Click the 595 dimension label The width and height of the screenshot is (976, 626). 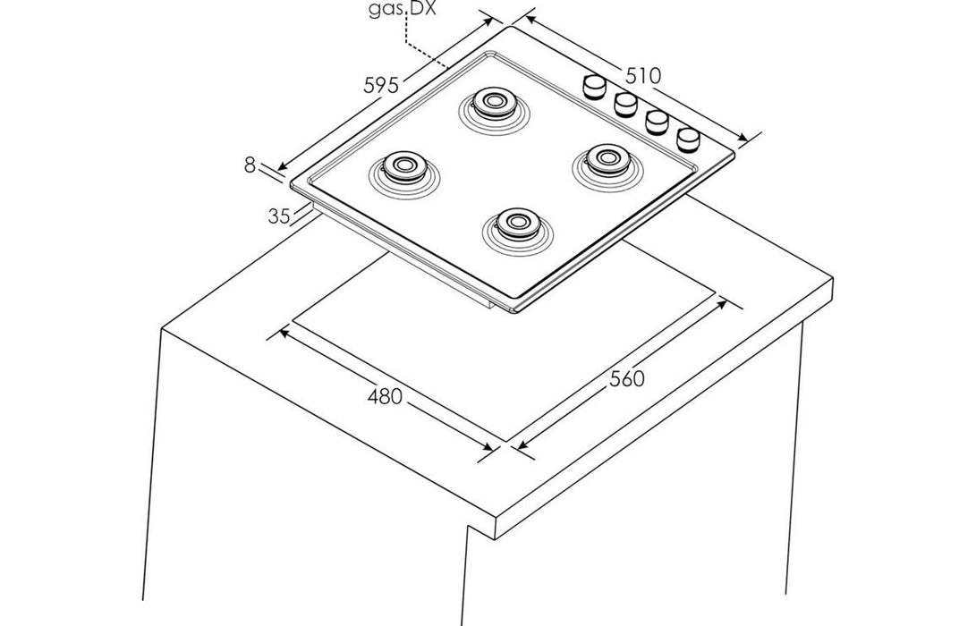(x=380, y=86)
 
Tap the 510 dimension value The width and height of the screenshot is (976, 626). (x=642, y=76)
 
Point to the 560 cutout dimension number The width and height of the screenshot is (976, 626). (x=627, y=378)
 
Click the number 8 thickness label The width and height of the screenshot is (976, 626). (x=250, y=165)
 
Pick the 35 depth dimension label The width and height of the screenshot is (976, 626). (x=278, y=216)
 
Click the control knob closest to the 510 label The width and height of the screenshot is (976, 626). (x=594, y=86)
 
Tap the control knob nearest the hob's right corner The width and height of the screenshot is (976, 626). (x=688, y=138)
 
